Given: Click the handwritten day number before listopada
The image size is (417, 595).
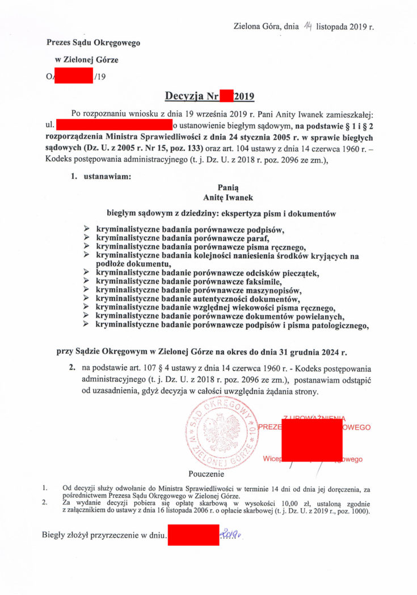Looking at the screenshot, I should click(308, 26).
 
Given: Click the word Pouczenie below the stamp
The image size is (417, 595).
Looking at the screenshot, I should click(206, 474).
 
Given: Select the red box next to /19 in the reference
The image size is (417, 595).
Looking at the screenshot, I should click(73, 75).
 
